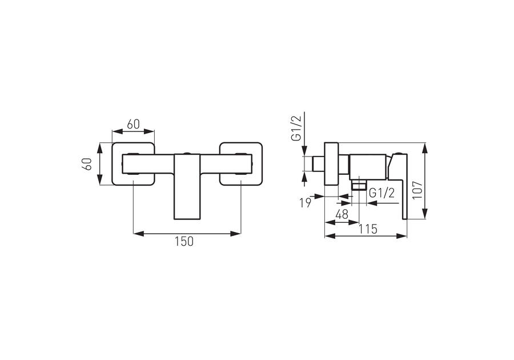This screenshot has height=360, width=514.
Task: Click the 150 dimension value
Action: (x=184, y=241)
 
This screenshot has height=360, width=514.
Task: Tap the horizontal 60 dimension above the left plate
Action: (x=134, y=125)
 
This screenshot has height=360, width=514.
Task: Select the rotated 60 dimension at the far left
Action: (x=87, y=163)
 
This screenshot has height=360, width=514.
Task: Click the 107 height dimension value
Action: (x=417, y=190)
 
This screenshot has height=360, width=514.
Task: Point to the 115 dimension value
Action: (x=367, y=229)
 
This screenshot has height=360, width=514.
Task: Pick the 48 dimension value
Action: (x=342, y=215)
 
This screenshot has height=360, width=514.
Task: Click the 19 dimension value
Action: (x=305, y=203)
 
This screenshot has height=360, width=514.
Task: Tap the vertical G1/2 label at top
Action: (x=296, y=128)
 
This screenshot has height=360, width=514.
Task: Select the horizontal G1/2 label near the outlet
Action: (x=382, y=194)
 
